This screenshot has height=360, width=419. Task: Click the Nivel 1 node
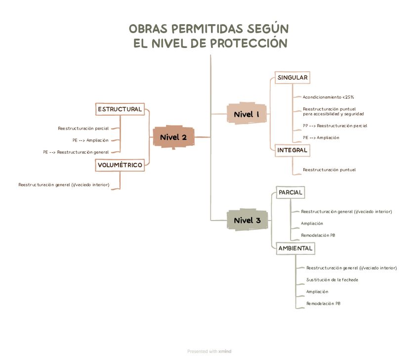tap(247, 115)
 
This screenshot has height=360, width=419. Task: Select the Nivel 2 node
tap(173, 137)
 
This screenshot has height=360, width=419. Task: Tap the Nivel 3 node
tap(247, 221)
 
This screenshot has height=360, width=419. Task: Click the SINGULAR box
tap(293, 78)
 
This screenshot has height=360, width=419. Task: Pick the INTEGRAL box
tap(292, 150)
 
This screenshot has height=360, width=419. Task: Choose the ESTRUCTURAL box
tap(120, 109)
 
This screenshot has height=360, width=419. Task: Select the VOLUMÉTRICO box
tap(120, 165)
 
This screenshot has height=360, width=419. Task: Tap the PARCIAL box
tap(290, 192)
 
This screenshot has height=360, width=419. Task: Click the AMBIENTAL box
tap(295, 248)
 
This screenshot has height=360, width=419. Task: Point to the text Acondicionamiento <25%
tap(328, 97)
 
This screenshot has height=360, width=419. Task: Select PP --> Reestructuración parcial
tap(335, 126)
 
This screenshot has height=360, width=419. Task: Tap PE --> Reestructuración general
tap(76, 152)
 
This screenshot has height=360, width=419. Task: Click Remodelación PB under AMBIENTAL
tap(323, 304)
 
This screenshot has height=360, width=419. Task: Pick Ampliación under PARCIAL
tap(312, 224)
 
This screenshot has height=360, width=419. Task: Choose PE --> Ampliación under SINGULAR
tap(321, 137)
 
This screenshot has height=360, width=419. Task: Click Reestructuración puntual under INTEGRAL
tap(329, 170)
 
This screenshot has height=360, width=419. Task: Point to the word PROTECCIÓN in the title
tap(249, 44)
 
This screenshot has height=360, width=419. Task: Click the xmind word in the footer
tap(225, 352)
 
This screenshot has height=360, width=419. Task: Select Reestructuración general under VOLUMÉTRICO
tap(64, 185)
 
